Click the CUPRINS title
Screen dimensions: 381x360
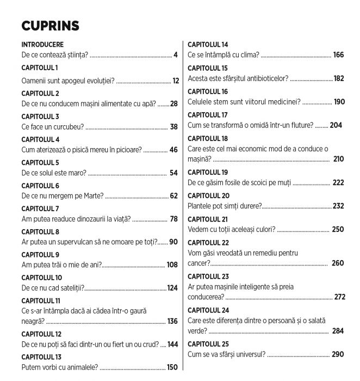tap(50, 26)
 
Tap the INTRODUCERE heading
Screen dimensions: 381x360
tap(42, 44)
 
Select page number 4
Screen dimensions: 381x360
tap(176, 54)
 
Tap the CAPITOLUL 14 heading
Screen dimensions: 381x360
tap(208, 44)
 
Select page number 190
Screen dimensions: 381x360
tap(339, 102)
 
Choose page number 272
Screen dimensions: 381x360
tap(340, 297)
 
